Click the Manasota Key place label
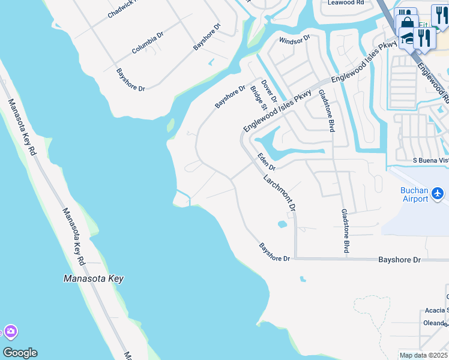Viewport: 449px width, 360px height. tap(93, 278)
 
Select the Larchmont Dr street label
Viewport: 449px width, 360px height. tap(280, 193)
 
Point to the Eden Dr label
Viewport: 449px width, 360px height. tap(265, 161)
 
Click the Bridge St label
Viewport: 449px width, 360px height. tap(259, 96)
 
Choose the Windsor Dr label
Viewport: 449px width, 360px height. tap(294, 39)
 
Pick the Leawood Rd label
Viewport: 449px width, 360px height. tap(346, 3)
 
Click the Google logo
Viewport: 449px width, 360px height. tap(20, 353)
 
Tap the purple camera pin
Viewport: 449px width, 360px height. tap(10, 332)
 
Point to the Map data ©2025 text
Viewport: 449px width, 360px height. tap(424, 355)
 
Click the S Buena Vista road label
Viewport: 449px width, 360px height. tap(430, 161)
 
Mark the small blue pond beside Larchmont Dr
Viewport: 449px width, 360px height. tap(282, 225)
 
